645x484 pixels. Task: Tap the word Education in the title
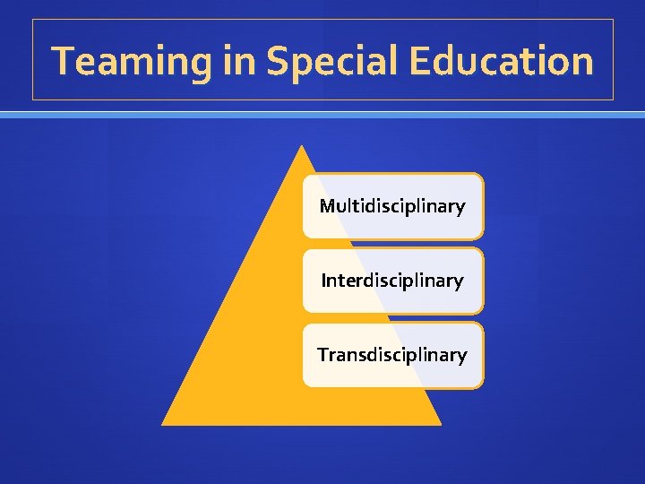pos(501,61)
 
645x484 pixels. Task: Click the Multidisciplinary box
pos(392,206)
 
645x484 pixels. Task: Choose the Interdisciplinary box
pos(392,281)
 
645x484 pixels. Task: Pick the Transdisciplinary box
pos(392,355)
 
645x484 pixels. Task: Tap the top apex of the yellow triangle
pos(302,146)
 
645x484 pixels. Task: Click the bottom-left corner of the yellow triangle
pos(163,424)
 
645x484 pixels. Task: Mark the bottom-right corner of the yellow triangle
pos(441,424)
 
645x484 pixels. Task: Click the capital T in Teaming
pos(63,61)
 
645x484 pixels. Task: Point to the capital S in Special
pos(277,62)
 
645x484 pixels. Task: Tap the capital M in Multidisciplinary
pos(327,206)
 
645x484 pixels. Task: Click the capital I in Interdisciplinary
pos(324,281)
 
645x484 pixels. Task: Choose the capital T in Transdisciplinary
pos(322,355)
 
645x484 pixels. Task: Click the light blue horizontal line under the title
pos(322,115)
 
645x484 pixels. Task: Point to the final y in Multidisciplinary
pos(460,209)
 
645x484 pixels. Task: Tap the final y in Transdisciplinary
pos(462,358)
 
